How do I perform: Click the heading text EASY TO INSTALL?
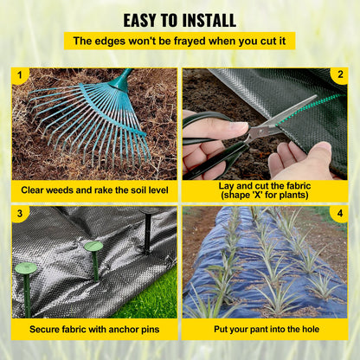tap(179, 19)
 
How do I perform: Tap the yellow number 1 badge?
tap(19, 76)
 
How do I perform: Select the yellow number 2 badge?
tap(340, 76)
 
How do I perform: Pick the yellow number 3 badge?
tap(19, 213)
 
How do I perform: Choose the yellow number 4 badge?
tap(340, 213)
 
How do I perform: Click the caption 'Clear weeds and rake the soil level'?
tap(94, 189)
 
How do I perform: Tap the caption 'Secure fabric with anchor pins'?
tap(94, 329)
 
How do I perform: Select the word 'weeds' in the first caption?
tap(69, 189)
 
